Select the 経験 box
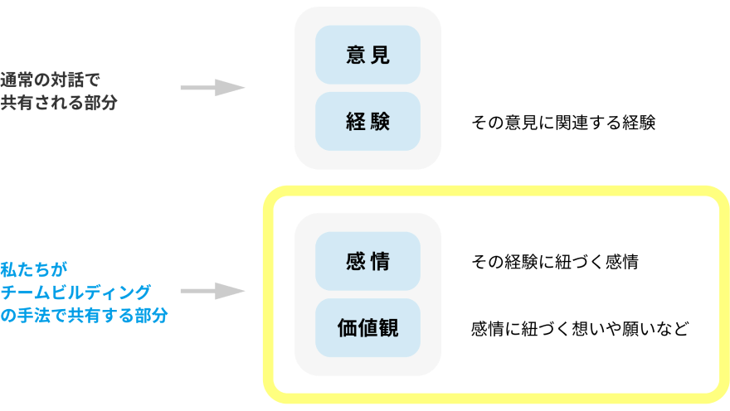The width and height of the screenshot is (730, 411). (367, 121)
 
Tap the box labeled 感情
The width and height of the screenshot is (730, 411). (367, 261)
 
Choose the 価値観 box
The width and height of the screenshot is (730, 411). (367, 327)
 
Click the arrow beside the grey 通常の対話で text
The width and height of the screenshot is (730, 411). (212, 87)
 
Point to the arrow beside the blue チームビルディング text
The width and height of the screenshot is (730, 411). (212, 291)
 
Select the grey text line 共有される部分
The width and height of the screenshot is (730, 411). (59, 103)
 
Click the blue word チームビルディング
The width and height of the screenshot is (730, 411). (76, 292)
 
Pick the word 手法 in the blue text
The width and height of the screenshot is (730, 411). (36, 315)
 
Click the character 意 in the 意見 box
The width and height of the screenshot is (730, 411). (356, 56)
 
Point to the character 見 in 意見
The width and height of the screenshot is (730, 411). (380, 56)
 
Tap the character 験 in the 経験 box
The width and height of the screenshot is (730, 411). (380, 122)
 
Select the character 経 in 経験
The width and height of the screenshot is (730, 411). (356, 122)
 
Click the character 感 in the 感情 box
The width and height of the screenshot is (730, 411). (356, 262)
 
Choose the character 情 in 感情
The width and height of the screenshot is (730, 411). (380, 262)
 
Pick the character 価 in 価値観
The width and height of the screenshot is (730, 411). (348, 328)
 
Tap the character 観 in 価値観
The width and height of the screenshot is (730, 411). (388, 328)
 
